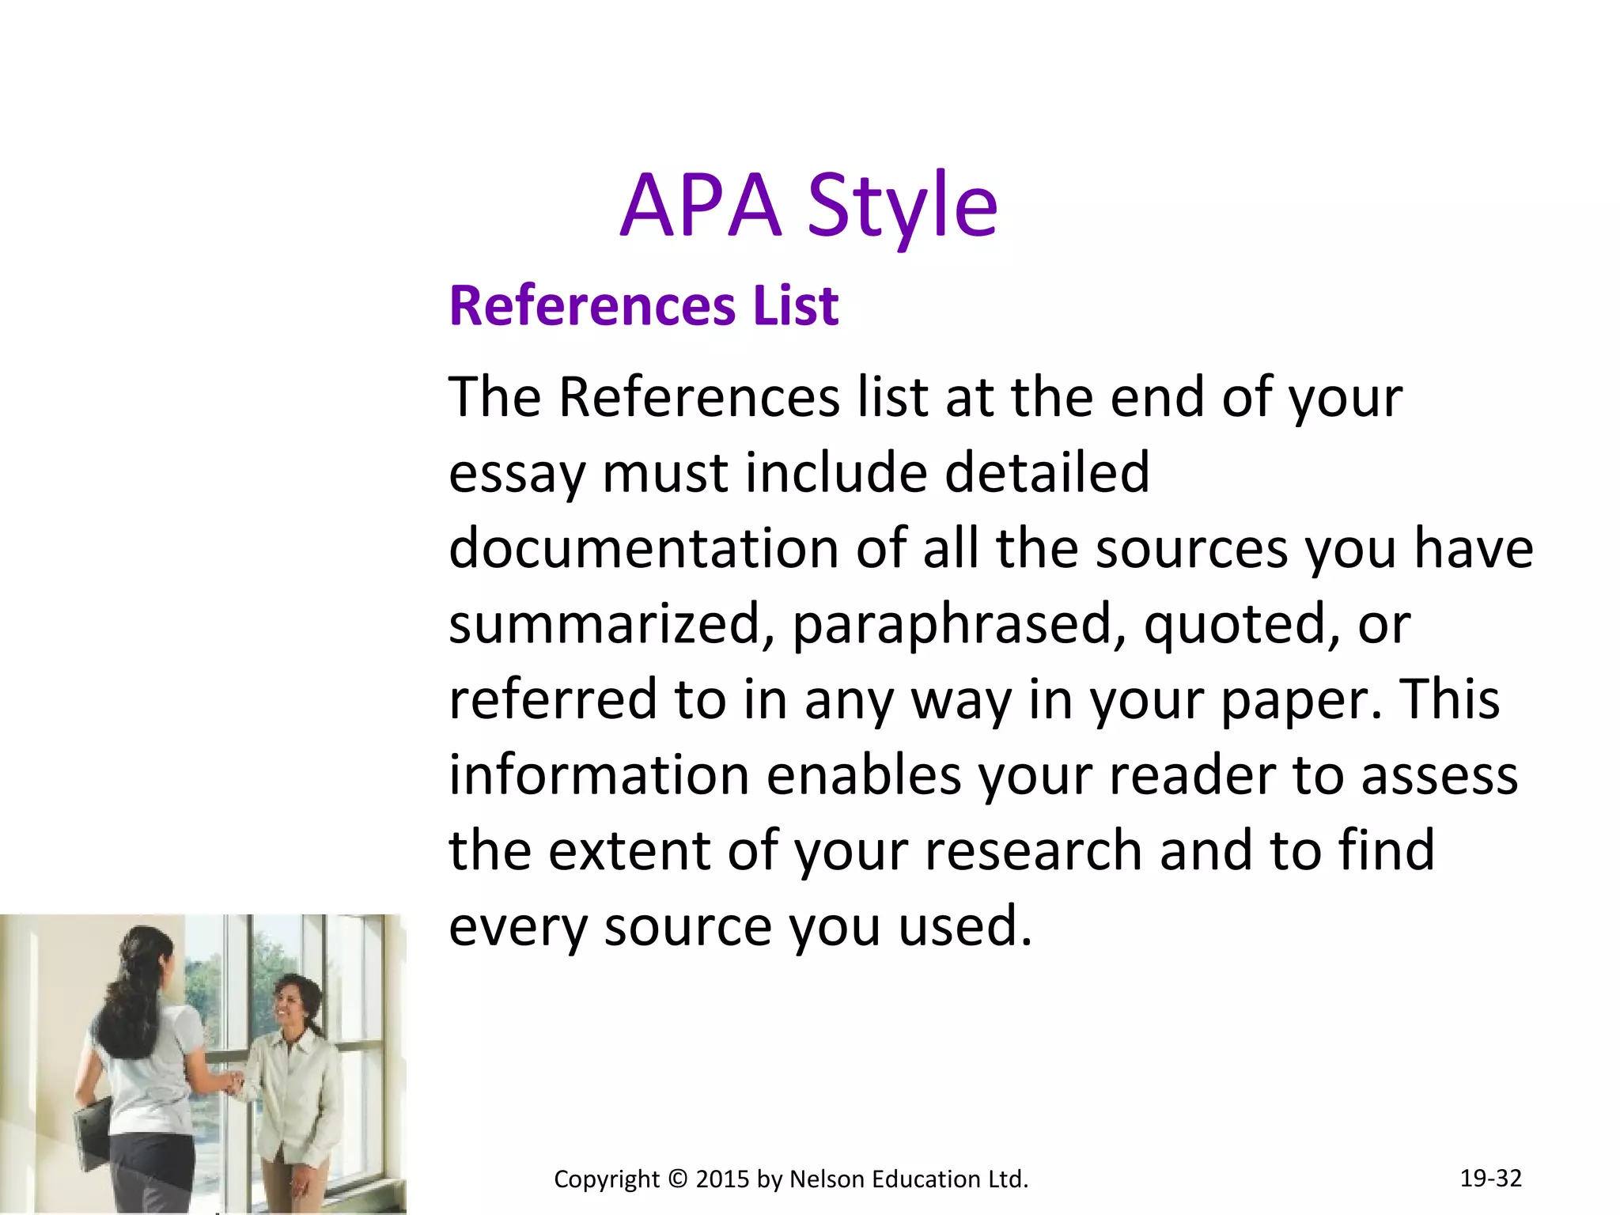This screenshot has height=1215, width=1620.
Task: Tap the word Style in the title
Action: point(903,207)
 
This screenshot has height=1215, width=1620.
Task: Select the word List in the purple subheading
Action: point(795,305)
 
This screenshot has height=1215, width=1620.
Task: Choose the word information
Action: point(599,774)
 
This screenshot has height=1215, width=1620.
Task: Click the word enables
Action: point(864,774)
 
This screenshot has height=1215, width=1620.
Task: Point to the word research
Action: point(1033,850)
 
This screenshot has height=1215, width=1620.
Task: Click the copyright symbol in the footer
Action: point(677,1179)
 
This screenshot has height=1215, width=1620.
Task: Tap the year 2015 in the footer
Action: point(722,1179)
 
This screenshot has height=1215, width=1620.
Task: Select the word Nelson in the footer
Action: point(827,1179)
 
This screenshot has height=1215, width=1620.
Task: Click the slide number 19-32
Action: point(1490,1178)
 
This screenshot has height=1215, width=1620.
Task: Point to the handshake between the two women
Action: point(232,1082)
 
